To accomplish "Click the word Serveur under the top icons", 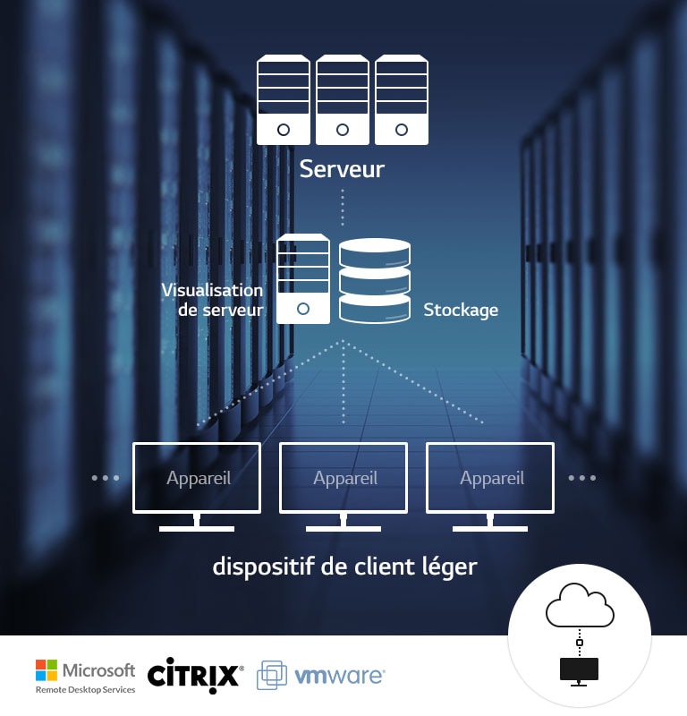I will click(x=342, y=168).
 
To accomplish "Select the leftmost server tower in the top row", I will click(x=284, y=100).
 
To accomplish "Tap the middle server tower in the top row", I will click(x=343, y=100).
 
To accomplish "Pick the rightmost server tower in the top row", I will click(x=401, y=100).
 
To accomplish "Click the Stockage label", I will click(x=461, y=311).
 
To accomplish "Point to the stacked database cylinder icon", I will click(x=375, y=281).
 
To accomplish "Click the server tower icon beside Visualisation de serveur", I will click(x=303, y=279).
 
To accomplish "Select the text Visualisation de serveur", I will click(x=213, y=300).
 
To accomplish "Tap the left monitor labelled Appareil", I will click(x=197, y=478).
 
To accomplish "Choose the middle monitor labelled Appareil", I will click(x=344, y=478).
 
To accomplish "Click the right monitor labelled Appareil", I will click(x=491, y=478).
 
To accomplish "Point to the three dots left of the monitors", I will click(x=106, y=478).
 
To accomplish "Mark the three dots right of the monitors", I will click(x=582, y=478).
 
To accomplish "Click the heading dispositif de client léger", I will click(x=344, y=567).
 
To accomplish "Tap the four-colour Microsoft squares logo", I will click(x=47, y=670).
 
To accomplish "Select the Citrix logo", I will click(x=194, y=674).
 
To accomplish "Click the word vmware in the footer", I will click(x=340, y=675).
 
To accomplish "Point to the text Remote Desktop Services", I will click(x=86, y=690).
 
